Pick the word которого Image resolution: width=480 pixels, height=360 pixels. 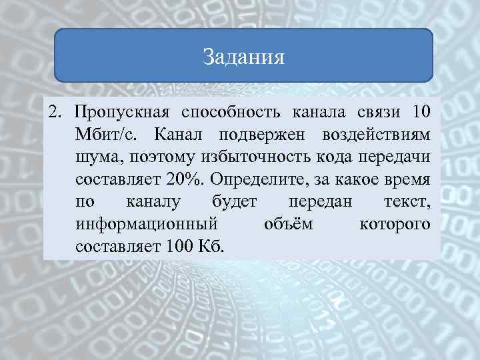tap(395, 224)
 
